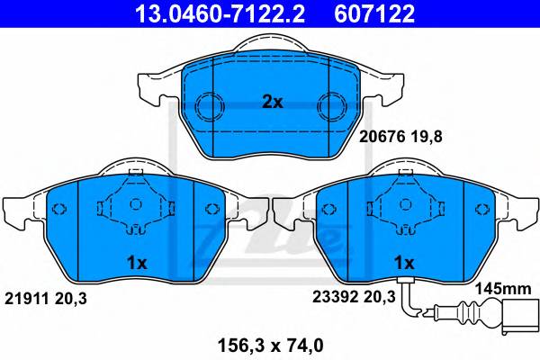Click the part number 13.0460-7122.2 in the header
click(220, 13)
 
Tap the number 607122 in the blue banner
click(374, 13)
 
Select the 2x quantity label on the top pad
click(272, 102)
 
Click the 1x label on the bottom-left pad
click(137, 263)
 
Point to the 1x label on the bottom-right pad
click(404, 263)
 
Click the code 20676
click(382, 137)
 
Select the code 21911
click(27, 299)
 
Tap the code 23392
click(335, 297)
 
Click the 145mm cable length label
click(503, 289)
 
